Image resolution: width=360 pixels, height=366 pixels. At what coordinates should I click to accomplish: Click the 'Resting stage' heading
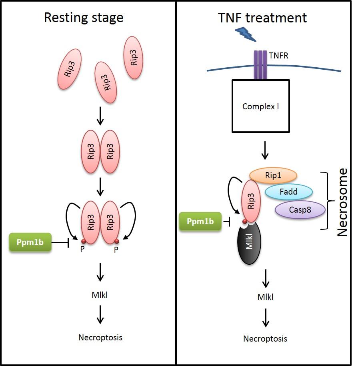coord(83,18)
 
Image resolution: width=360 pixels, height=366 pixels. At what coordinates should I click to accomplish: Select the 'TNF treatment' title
coord(262,18)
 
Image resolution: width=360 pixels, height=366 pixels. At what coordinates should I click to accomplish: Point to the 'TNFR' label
coord(279,56)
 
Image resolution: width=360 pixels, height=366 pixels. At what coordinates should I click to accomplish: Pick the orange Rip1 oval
coord(273,175)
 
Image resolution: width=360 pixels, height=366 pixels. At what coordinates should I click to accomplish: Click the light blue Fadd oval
coord(288,192)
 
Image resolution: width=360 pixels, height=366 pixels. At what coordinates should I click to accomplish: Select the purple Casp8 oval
coord(300,209)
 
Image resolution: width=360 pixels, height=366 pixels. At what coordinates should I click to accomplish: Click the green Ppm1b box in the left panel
coord(30,243)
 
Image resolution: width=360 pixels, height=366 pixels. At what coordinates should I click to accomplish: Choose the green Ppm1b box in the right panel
coord(200,221)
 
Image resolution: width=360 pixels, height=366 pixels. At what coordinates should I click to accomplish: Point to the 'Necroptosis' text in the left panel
coord(100,337)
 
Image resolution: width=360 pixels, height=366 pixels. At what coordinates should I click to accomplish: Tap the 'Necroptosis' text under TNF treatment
coord(265,339)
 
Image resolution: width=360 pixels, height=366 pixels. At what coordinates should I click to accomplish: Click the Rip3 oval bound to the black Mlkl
coord(250,201)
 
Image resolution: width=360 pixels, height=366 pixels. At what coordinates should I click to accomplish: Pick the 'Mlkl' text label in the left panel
coord(100,296)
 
